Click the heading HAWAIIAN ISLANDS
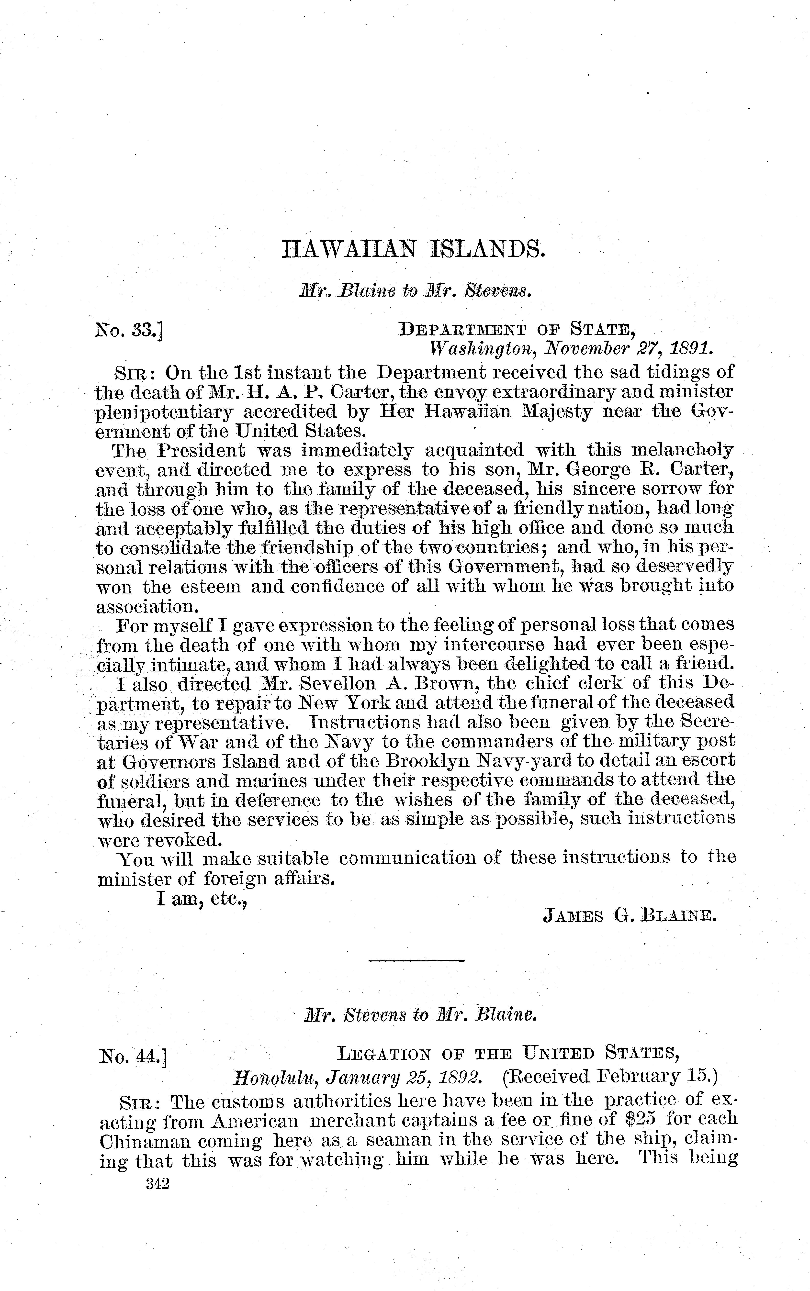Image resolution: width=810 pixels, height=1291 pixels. pyautogui.click(x=413, y=250)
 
